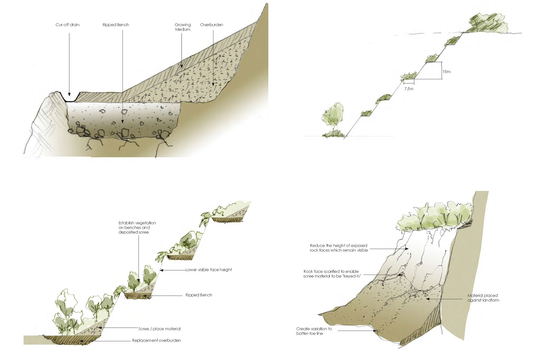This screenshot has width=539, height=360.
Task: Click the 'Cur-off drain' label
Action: [67, 25]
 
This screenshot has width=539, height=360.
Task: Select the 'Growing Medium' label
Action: [183, 27]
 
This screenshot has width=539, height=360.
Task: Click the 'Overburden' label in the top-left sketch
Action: [212, 25]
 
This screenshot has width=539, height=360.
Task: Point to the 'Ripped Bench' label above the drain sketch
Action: [116, 25]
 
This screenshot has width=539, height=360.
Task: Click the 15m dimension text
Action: [446, 72]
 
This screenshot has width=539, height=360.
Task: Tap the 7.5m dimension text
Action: [408, 89]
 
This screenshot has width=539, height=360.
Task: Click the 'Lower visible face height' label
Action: [209, 270]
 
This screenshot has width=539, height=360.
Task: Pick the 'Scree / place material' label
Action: [159, 329]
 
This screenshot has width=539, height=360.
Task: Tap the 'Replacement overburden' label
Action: [157, 341]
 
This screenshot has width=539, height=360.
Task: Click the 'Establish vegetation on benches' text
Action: [137, 228]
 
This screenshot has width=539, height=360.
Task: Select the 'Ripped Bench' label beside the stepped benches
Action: [199, 295]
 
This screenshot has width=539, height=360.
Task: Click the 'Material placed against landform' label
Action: [483, 298]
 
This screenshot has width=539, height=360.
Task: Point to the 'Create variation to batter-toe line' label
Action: [314, 331]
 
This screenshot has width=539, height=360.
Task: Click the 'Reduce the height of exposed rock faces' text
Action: [339, 248]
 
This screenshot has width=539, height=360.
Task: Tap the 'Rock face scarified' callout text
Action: [331, 274]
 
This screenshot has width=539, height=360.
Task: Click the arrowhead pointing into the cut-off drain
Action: [69, 94]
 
